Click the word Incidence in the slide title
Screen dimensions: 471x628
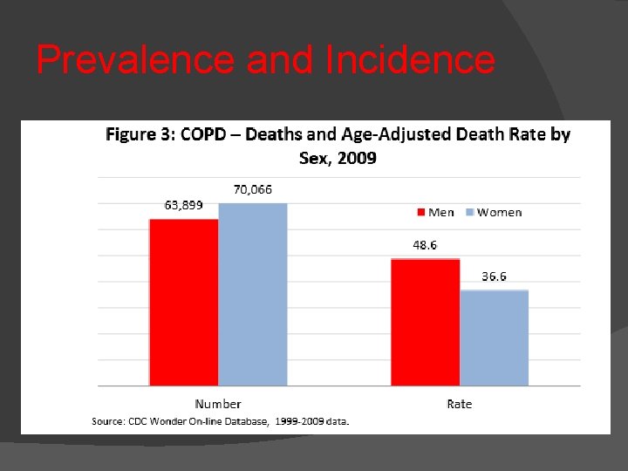pyautogui.click(x=409, y=60)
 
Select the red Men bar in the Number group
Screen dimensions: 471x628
pyautogui.click(x=183, y=302)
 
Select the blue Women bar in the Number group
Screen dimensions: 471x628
pyautogui.click(x=253, y=294)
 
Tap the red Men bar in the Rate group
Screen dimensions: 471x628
pyautogui.click(x=425, y=322)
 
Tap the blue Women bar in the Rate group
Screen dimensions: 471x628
pyautogui.click(x=494, y=338)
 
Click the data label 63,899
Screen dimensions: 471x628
pyautogui.click(x=184, y=205)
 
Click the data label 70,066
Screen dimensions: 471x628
pyautogui.click(x=253, y=188)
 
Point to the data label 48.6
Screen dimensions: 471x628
pyautogui.click(x=425, y=245)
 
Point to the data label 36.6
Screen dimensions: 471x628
pyautogui.click(x=494, y=276)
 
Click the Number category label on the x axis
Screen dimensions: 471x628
pyautogui.click(x=218, y=404)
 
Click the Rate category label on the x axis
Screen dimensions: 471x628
pyautogui.click(x=459, y=404)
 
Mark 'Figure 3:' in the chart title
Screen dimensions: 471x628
pyautogui.click(x=140, y=134)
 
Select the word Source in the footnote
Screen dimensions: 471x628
pyautogui.click(x=107, y=421)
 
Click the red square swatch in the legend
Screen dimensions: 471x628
pyautogui.click(x=420, y=212)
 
